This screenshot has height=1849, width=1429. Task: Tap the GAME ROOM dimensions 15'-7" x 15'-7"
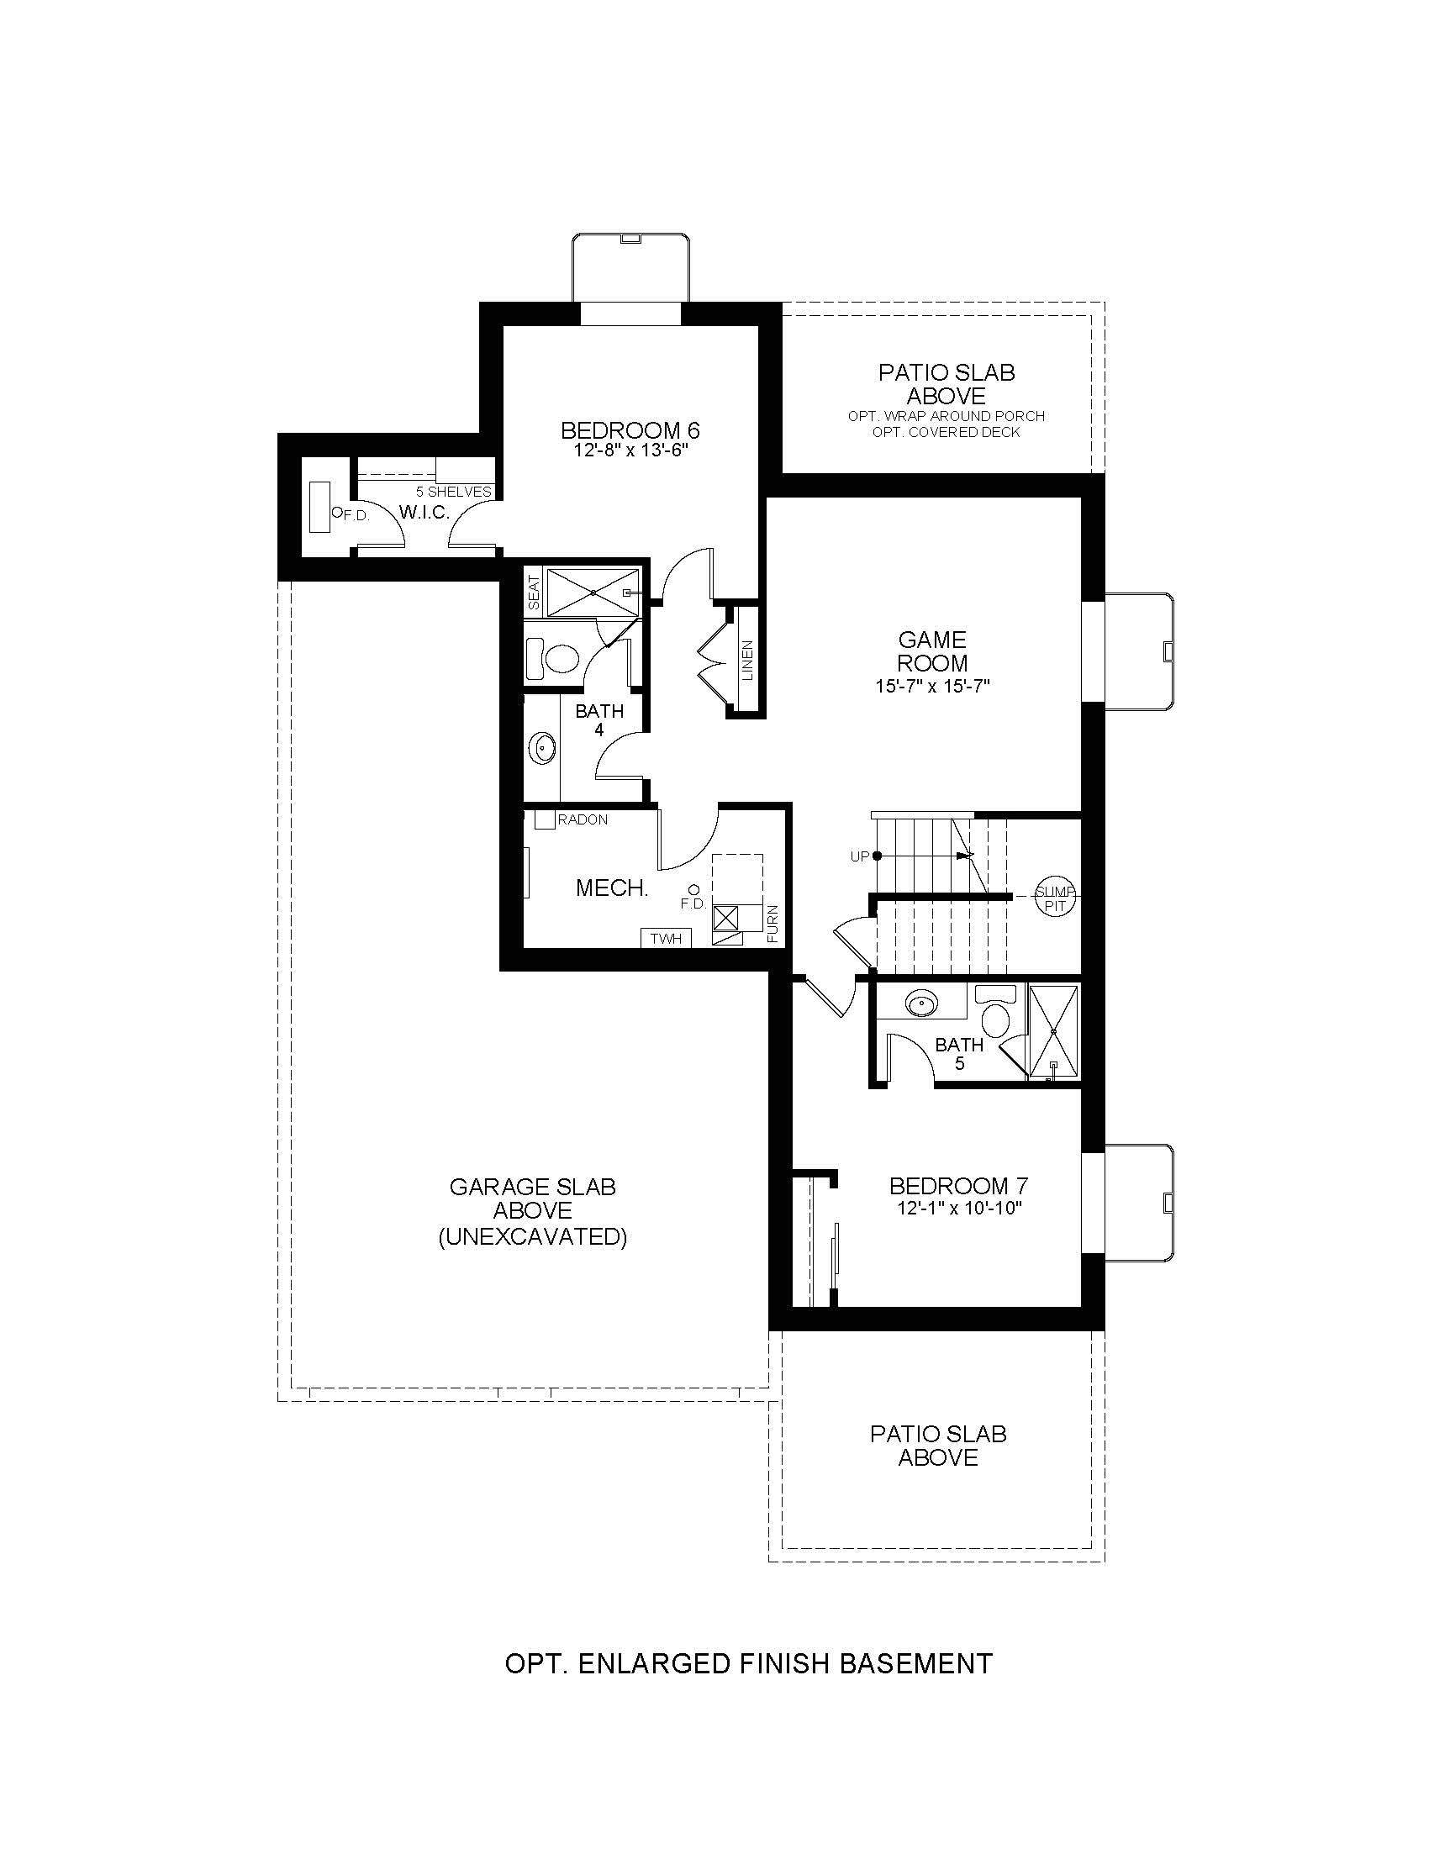(933, 686)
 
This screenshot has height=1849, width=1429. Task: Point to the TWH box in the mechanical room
(667, 938)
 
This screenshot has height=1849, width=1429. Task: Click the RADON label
(583, 819)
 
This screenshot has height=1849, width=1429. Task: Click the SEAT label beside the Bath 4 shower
(534, 593)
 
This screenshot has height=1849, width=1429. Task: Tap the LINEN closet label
(747, 661)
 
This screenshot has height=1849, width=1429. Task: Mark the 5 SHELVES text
(454, 492)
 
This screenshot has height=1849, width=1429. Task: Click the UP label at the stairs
(860, 856)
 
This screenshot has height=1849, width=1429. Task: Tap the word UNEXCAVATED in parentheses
(532, 1237)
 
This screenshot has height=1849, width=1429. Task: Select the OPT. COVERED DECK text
(947, 432)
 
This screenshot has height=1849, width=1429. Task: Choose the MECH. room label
(612, 888)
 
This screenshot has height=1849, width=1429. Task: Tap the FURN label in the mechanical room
(773, 925)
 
